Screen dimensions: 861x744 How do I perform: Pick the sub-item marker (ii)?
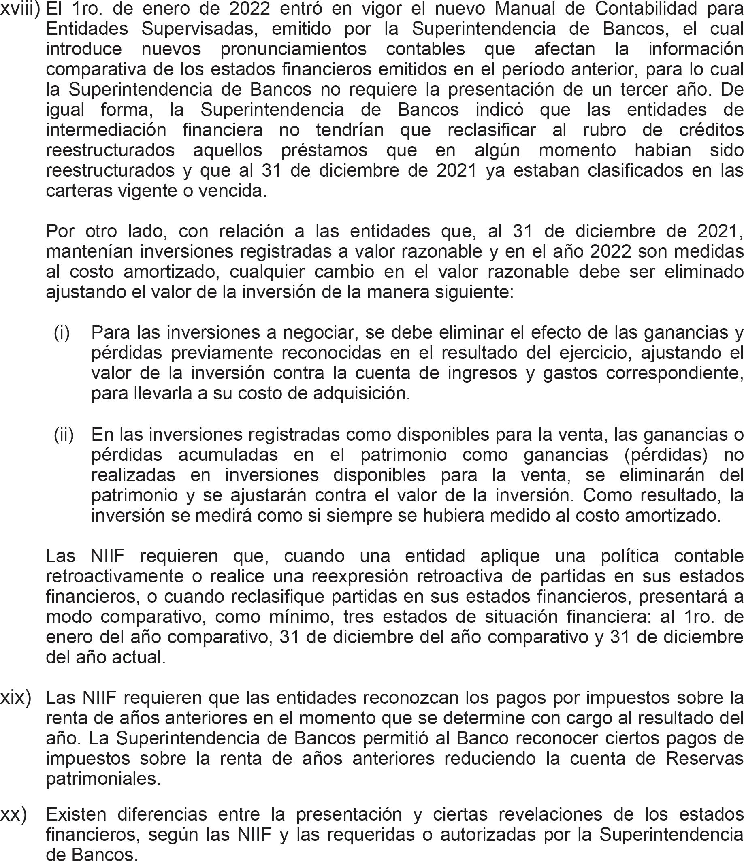64,435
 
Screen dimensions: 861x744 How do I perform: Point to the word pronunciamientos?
294,49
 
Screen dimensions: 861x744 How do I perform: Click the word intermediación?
106,130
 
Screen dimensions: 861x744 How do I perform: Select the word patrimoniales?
103,779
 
